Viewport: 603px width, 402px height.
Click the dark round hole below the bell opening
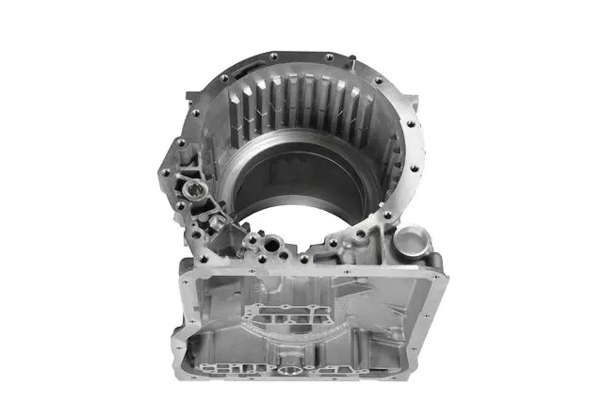pos(273,248)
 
